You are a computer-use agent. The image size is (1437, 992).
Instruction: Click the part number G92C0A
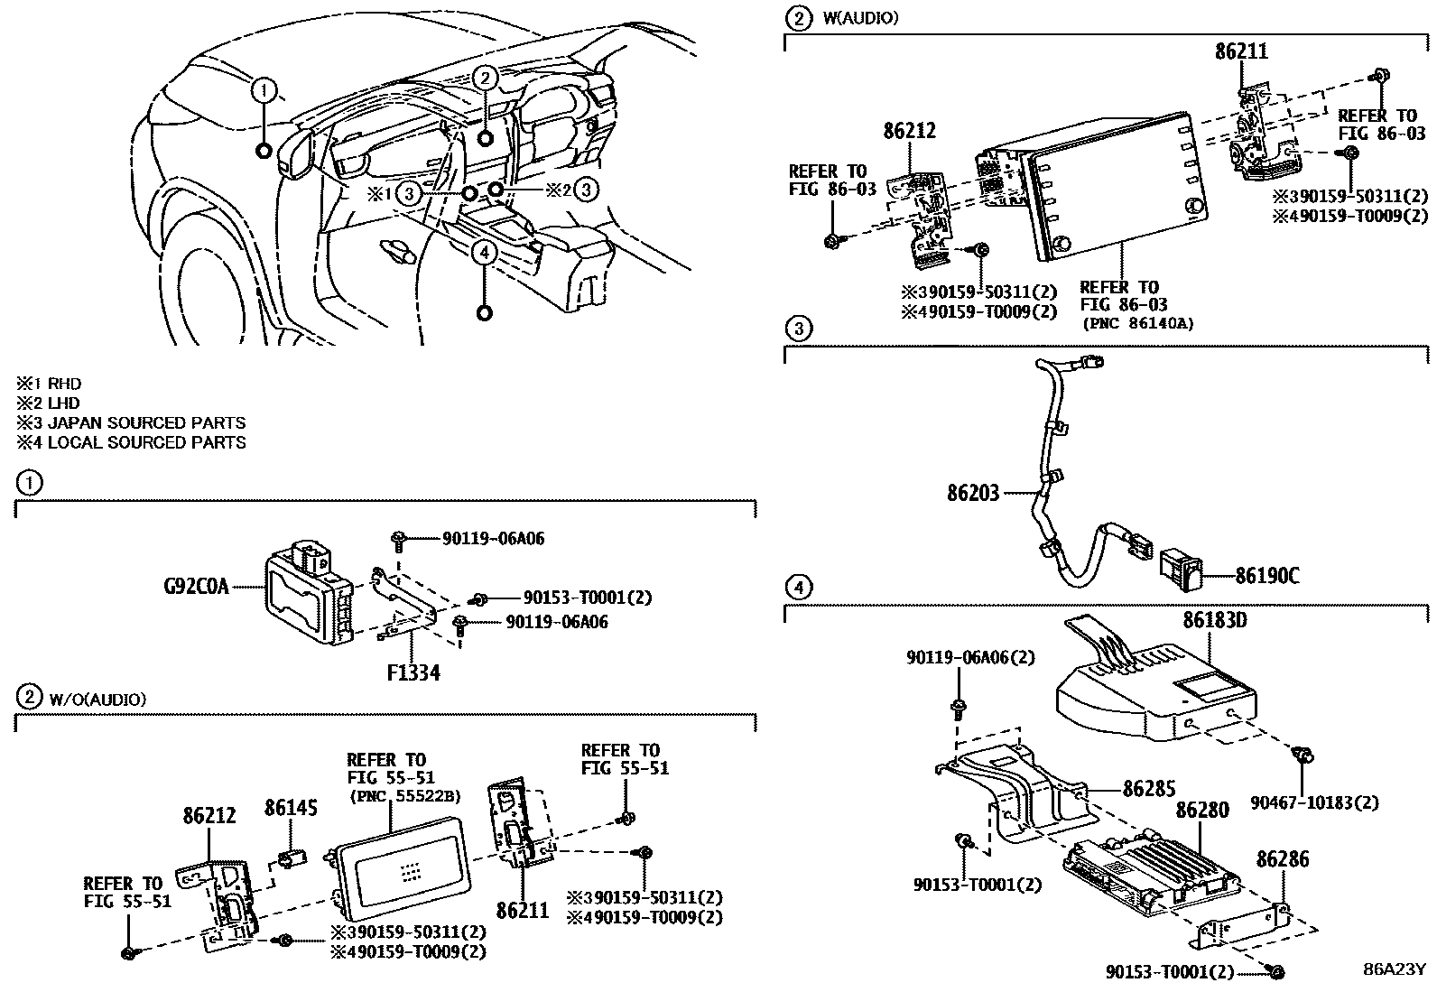tap(196, 587)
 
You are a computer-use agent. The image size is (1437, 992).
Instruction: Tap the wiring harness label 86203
tap(973, 494)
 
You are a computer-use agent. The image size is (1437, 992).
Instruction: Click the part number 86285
tap(1150, 788)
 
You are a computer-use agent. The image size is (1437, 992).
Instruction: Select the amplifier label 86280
tap(1201, 811)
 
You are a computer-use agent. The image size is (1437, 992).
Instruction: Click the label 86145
tap(291, 809)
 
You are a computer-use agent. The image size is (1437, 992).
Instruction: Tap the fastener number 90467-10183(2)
tap(1314, 802)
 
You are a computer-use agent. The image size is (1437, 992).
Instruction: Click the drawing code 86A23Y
tap(1393, 970)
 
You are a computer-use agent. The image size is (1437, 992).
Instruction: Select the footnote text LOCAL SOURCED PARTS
tap(146, 442)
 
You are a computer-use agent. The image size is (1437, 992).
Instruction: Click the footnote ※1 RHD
tap(49, 385)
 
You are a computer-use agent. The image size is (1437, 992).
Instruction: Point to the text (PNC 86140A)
tap(1137, 323)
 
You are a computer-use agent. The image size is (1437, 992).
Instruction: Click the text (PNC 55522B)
tap(403, 795)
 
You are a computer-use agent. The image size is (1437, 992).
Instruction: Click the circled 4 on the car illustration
tap(485, 253)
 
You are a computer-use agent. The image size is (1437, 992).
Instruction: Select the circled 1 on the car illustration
tap(264, 89)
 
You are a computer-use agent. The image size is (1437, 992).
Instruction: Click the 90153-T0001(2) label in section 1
tap(588, 598)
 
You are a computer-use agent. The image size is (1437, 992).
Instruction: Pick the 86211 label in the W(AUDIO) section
tap(1240, 52)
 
